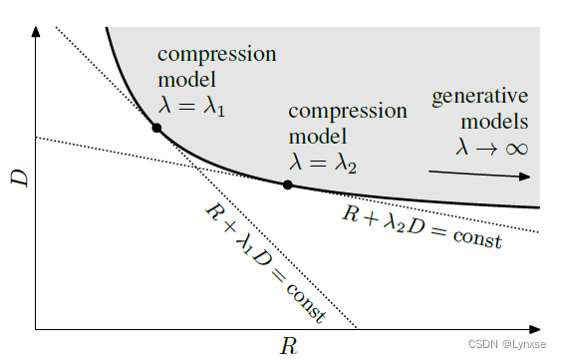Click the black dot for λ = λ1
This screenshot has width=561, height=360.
coord(156,128)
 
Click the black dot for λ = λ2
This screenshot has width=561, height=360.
coord(288,184)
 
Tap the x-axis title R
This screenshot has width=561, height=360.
coord(288,346)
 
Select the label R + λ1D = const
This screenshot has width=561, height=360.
coord(264,261)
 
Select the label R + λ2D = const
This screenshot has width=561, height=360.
coord(421,226)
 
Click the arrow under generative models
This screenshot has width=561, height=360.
coord(479,174)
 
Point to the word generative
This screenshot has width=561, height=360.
coord(480,98)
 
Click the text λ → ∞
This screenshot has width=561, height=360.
coord(491,147)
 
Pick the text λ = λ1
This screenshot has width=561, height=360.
coord(192,104)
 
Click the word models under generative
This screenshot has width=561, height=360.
coord(494,122)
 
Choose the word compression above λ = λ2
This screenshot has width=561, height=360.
coord(348,110)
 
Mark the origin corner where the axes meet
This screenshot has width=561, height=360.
coord(36,328)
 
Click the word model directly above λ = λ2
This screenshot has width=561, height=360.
coord(318,134)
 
